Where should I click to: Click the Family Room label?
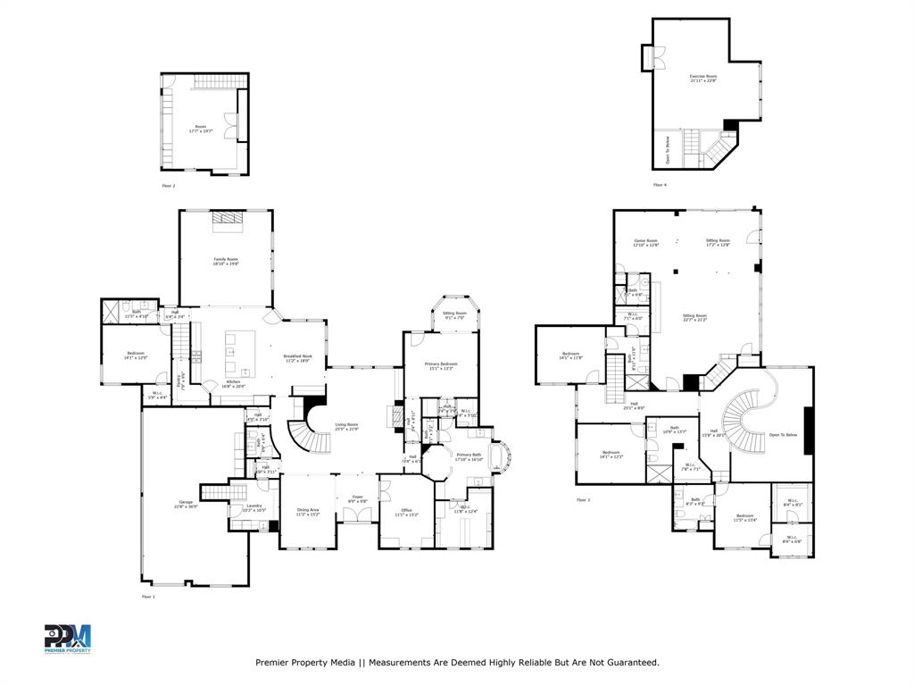[x=226, y=258]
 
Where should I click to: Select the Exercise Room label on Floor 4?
[x=702, y=77]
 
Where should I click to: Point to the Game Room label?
[x=645, y=241]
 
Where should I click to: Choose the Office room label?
[x=405, y=510]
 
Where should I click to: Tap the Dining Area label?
[x=308, y=510]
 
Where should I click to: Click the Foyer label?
[x=357, y=498]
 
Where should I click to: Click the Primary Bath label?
[x=470, y=456]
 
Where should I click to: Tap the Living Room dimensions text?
[x=346, y=430]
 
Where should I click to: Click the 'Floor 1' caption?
[x=147, y=596]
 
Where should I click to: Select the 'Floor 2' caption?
[x=168, y=186]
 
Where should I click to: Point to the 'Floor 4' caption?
[x=659, y=185]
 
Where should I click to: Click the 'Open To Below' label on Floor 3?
[x=783, y=435]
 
